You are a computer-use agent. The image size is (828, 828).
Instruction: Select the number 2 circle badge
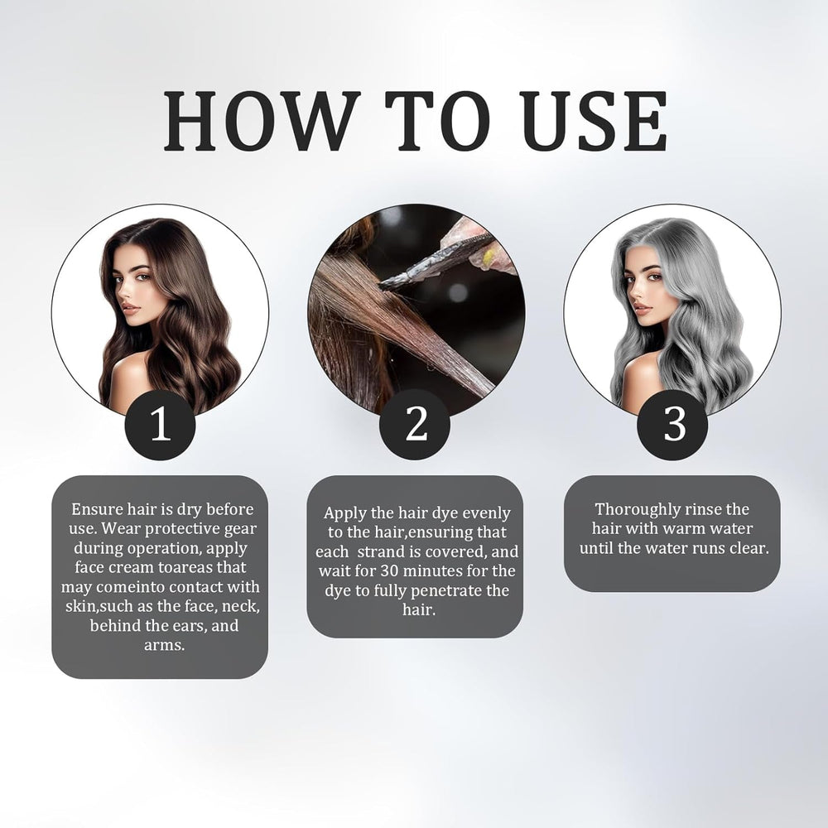(415, 425)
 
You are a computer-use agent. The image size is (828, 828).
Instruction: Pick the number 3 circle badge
(672, 425)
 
